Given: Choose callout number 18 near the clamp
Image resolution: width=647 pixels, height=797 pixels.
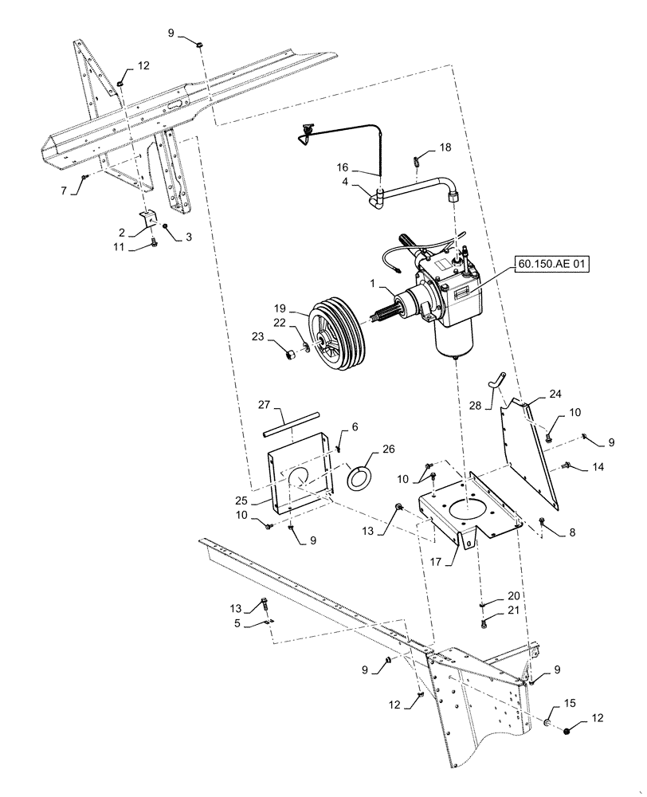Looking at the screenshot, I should click(x=445, y=147).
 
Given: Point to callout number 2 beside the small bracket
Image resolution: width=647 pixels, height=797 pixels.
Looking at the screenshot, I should click(x=121, y=232).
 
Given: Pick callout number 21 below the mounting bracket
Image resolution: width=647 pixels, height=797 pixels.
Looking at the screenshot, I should click(x=512, y=611).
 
